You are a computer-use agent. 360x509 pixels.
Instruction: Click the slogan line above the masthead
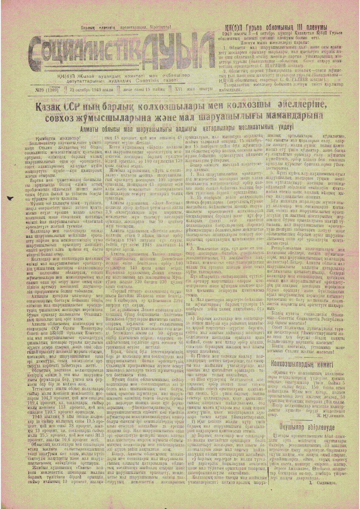pos(126,27)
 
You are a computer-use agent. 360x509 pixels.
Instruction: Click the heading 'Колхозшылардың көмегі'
pos(302,363)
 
